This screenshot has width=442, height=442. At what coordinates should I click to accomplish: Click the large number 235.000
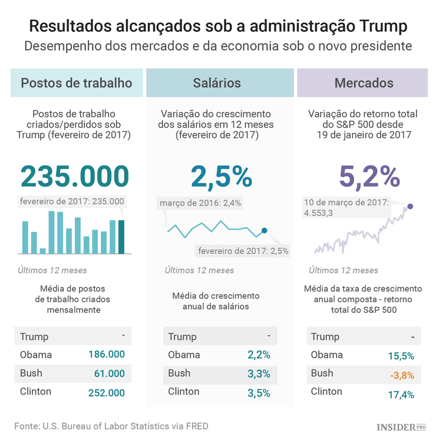(75, 176)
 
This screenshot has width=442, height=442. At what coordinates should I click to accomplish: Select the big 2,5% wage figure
(221, 176)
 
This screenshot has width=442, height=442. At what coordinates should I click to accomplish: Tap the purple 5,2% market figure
(370, 176)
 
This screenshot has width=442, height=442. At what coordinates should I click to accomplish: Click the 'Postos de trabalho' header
(77, 83)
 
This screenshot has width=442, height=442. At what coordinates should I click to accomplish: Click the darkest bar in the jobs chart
(121, 237)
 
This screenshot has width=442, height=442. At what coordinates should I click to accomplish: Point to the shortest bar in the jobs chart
(43, 251)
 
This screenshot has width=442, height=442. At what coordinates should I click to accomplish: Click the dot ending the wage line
(264, 231)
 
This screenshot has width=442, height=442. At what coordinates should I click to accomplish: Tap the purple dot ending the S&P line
(410, 207)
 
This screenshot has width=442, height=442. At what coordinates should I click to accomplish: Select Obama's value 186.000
(106, 355)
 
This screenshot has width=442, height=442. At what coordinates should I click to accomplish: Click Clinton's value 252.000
(106, 392)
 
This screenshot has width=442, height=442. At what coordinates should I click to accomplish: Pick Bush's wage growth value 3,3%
(259, 374)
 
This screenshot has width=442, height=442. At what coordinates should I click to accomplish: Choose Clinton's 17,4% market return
(401, 392)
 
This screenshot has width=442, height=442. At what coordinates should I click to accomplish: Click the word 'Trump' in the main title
(375, 27)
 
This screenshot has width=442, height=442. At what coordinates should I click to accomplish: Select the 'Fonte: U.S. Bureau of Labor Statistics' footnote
(111, 425)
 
